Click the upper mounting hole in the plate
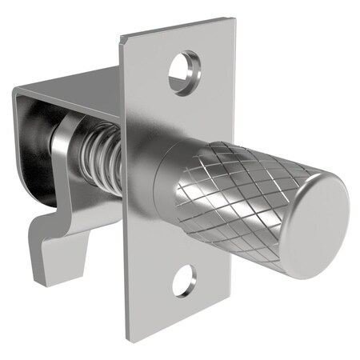tap(184, 73)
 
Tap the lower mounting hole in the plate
tap(183, 280)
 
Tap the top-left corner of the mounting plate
tap(122, 35)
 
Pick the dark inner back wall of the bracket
tap(32, 128)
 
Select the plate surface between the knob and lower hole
tap(172, 248)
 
